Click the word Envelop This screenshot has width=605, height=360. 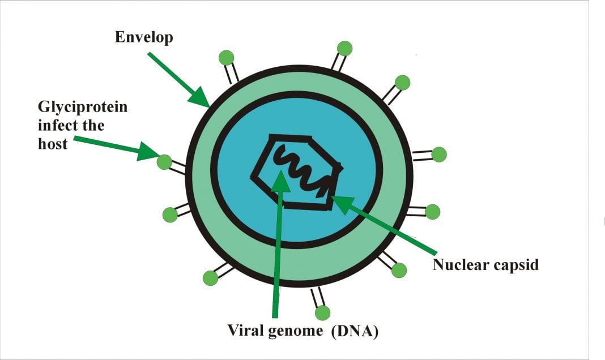144,37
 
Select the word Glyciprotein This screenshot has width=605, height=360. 83,106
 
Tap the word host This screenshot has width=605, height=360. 53,144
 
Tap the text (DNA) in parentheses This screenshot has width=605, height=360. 355,331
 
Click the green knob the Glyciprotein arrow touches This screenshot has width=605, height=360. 164,162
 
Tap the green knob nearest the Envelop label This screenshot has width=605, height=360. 226,57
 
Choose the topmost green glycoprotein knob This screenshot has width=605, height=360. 344,48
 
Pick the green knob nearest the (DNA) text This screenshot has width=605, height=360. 322,312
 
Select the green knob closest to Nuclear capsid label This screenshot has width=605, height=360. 399,270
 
